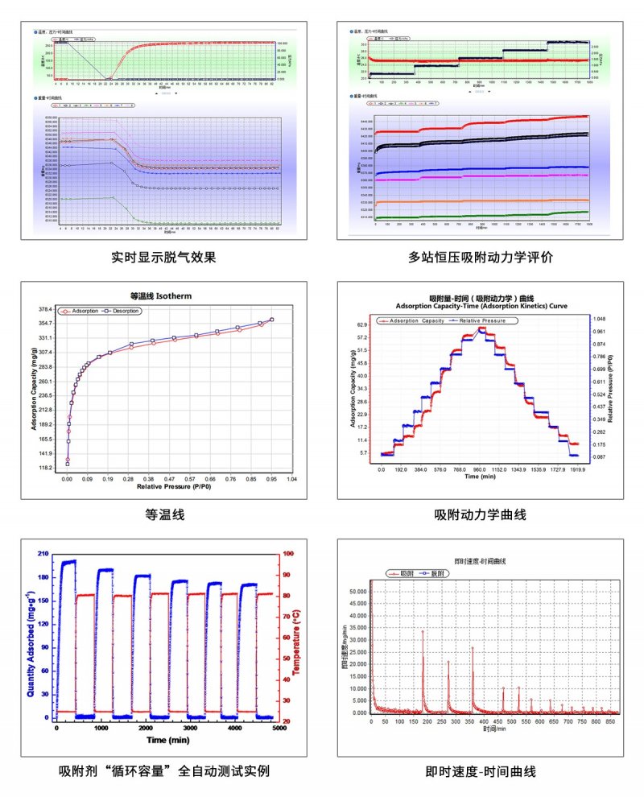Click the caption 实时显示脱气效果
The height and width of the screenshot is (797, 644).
164,258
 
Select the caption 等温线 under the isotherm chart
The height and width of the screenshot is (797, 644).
164,514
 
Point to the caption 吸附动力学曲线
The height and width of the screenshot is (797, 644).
481,514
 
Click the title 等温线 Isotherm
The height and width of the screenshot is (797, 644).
161,295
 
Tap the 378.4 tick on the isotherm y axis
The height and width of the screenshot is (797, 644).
45,309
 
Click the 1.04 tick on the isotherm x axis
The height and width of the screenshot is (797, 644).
292,478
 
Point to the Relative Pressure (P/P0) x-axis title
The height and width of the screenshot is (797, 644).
169,487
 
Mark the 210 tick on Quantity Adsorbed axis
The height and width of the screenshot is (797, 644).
43,555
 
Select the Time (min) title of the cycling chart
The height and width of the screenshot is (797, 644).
167,739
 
